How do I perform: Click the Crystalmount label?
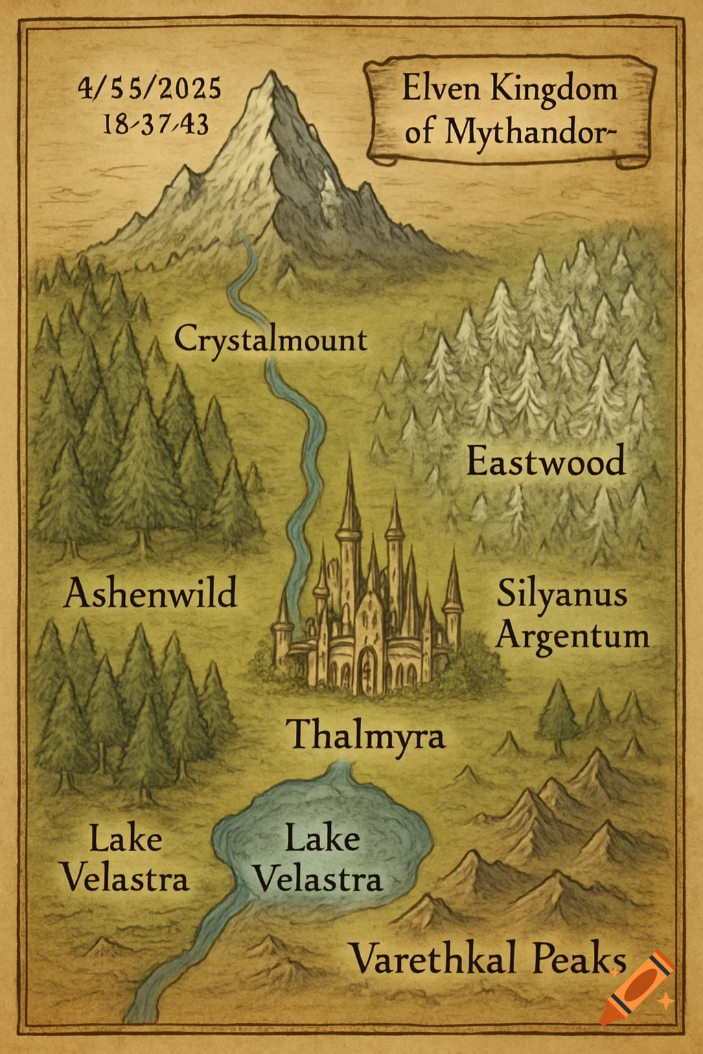[270, 340]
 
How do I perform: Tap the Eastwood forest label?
[546, 460]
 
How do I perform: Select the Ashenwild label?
[150, 593]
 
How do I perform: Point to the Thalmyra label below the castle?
[365, 735]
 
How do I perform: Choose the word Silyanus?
[562, 594]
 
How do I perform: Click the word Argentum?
[572, 635]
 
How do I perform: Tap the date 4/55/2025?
[150, 89]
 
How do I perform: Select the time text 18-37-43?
[156, 125]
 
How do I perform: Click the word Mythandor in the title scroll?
[525, 131]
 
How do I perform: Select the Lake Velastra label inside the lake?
[319, 858]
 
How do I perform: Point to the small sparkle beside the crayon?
[665, 1003]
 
